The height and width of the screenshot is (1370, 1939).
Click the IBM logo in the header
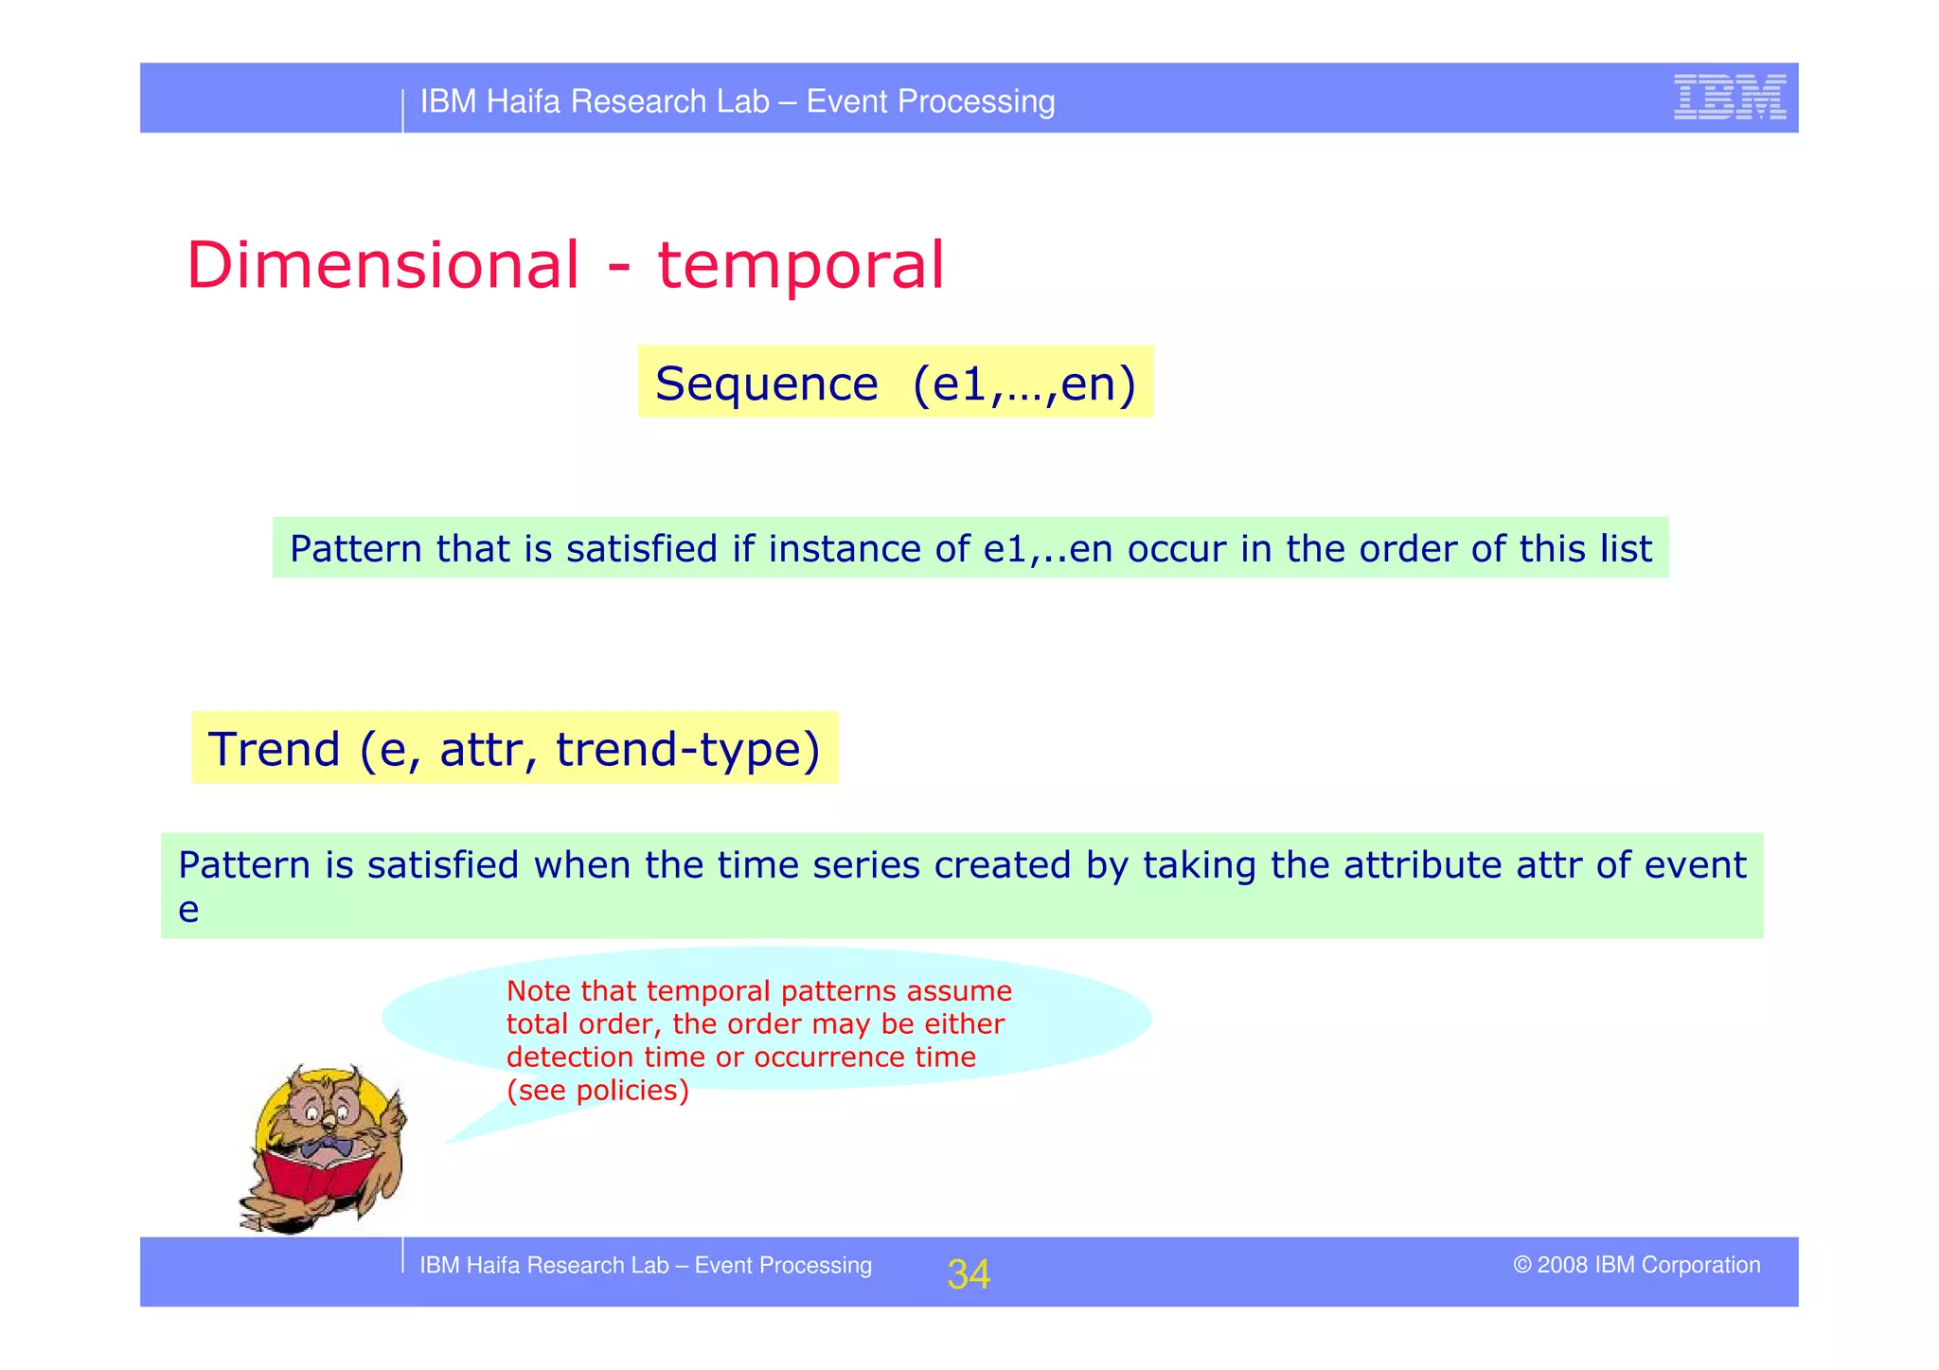1729,97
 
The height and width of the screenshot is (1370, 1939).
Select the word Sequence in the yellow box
766,383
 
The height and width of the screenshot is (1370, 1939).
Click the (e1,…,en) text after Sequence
1023,383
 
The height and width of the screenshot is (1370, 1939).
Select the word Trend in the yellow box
274,749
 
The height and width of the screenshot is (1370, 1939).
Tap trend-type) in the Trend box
687,749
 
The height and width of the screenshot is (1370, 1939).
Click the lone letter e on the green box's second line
188,910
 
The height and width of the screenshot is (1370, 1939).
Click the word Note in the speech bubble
538,991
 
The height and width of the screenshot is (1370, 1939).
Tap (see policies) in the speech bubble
597,1091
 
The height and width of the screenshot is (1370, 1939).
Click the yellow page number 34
969,1274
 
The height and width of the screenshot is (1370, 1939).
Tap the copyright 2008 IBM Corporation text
1636,1265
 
